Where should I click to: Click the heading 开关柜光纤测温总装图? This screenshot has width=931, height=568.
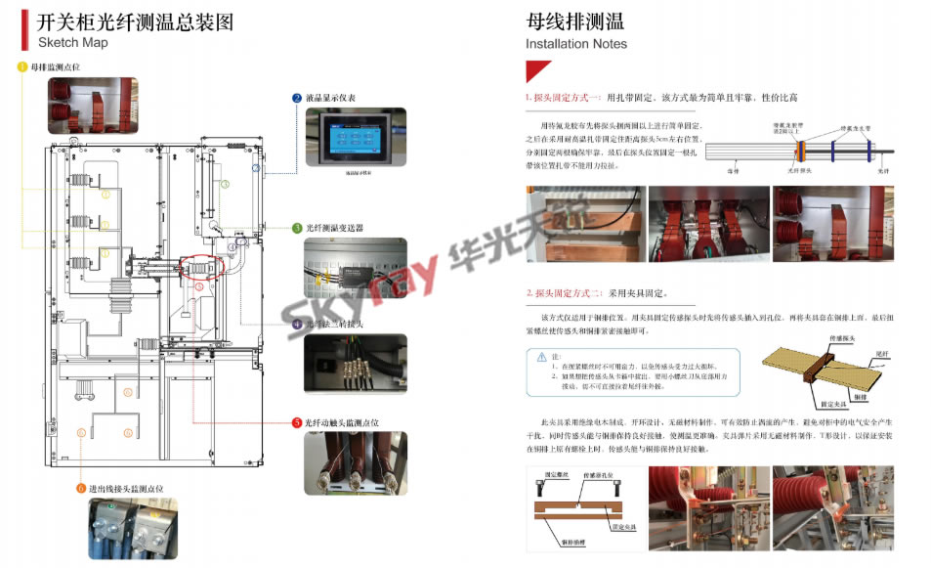pos(136,22)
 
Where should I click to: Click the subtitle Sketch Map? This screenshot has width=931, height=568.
pos(72,43)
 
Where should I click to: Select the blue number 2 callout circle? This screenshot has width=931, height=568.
pos(297,98)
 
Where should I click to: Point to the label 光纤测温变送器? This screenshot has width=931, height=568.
pos(334,228)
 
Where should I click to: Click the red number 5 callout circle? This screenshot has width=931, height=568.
pos(297,422)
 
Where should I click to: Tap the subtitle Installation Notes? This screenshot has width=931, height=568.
pos(576,44)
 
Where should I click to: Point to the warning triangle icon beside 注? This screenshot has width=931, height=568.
pos(541,357)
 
